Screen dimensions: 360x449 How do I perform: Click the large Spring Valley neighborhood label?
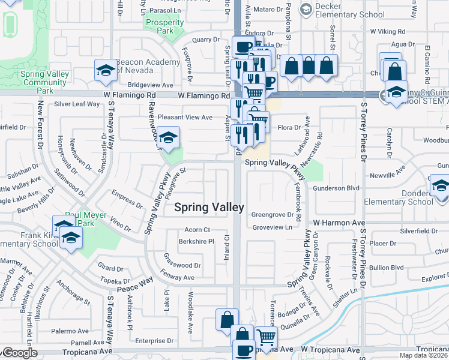point(209,207)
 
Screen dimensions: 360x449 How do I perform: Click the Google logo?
point(19,353)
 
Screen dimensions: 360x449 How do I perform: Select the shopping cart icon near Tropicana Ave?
point(266,337)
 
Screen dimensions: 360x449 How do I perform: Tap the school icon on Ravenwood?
point(169,137)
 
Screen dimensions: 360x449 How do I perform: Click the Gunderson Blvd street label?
point(336,188)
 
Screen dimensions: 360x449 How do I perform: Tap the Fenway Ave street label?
point(180,278)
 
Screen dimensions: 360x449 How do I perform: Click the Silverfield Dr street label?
point(421,230)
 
